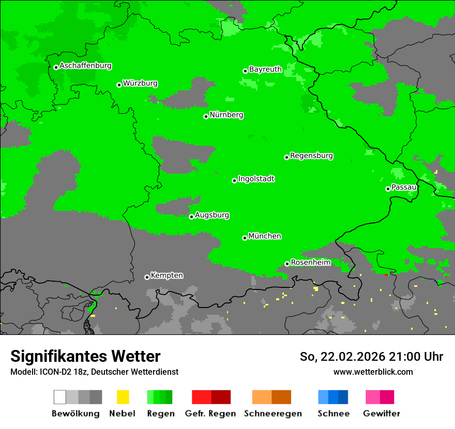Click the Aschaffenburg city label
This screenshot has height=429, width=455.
click(85, 66)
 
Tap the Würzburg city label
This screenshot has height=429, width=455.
click(141, 84)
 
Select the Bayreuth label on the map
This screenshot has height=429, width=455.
click(265, 69)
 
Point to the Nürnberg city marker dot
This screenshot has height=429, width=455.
click(206, 116)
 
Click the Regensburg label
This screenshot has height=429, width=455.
click(311, 156)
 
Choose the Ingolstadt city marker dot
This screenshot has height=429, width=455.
click(234, 180)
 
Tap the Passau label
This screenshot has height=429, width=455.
click(404, 187)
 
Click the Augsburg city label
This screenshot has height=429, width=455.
click(212, 215)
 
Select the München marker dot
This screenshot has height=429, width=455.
click(245, 238)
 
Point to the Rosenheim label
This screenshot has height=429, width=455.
click(311, 263)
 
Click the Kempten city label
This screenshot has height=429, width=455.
click(166, 275)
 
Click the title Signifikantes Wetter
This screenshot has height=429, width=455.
click(85, 357)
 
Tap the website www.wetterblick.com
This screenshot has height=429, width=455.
click(373, 372)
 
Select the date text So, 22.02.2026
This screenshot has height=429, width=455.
click(342, 357)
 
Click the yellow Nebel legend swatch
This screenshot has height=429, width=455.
click(123, 397)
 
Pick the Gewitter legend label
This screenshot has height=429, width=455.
click(381, 413)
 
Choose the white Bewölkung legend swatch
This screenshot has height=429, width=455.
click(60, 397)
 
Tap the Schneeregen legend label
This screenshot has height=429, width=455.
click(272, 413)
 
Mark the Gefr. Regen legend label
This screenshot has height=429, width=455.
click(210, 413)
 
